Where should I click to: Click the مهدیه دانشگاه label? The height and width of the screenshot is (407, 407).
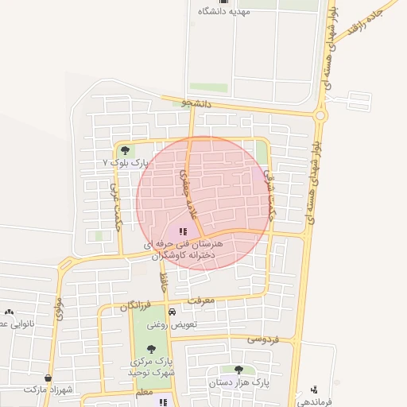[225, 12]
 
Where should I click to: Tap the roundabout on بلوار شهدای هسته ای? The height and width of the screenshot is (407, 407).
[320, 116]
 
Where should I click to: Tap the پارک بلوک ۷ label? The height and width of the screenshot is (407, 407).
[126, 162]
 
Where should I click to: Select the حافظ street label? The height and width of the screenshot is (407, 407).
[164, 283]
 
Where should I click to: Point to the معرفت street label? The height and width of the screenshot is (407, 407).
[209, 300]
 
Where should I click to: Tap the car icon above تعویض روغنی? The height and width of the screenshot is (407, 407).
[172, 312]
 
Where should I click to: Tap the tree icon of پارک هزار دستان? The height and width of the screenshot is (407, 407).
[238, 370]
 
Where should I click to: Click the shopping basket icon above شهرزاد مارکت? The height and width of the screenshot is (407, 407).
[48, 378]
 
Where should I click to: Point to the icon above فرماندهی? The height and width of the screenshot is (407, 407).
[316, 389]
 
